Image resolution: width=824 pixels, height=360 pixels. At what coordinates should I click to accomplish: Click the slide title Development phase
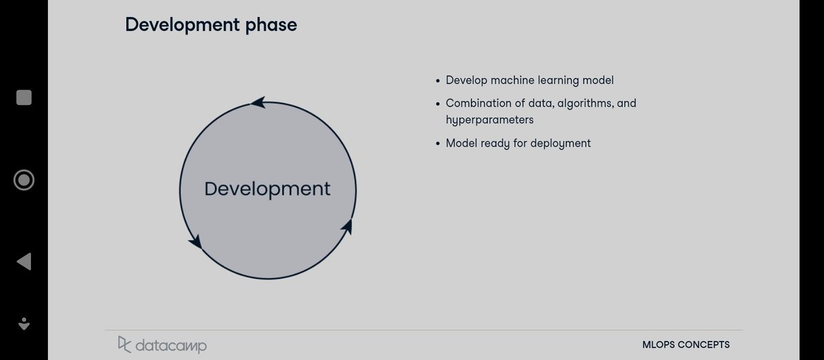point(211,25)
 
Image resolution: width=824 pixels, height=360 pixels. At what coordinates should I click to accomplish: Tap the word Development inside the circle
point(267,189)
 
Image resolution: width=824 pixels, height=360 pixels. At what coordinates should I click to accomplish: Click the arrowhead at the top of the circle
point(258,103)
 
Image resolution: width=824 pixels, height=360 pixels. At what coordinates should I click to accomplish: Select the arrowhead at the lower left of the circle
point(195,241)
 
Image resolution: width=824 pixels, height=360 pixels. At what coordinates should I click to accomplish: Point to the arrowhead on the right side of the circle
point(347,226)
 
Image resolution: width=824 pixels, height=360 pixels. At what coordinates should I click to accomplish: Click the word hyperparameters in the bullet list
point(490,120)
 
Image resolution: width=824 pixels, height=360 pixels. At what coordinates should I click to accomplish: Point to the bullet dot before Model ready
point(438,144)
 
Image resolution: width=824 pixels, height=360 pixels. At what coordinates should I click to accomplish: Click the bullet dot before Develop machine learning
point(438,81)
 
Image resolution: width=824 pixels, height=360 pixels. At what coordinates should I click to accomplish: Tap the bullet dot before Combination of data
point(438,104)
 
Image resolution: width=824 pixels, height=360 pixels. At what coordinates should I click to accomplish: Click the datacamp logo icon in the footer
point(124,344)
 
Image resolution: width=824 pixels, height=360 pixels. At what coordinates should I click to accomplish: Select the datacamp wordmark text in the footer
point(170,345)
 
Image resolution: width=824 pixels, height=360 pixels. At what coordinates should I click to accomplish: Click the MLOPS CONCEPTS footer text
point(685,345)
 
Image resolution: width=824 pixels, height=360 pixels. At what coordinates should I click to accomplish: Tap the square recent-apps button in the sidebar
point(24,98)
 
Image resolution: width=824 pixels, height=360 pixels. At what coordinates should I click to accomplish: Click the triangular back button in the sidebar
point(23,261)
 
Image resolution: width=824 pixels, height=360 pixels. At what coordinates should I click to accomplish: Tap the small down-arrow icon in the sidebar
point(24,323)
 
